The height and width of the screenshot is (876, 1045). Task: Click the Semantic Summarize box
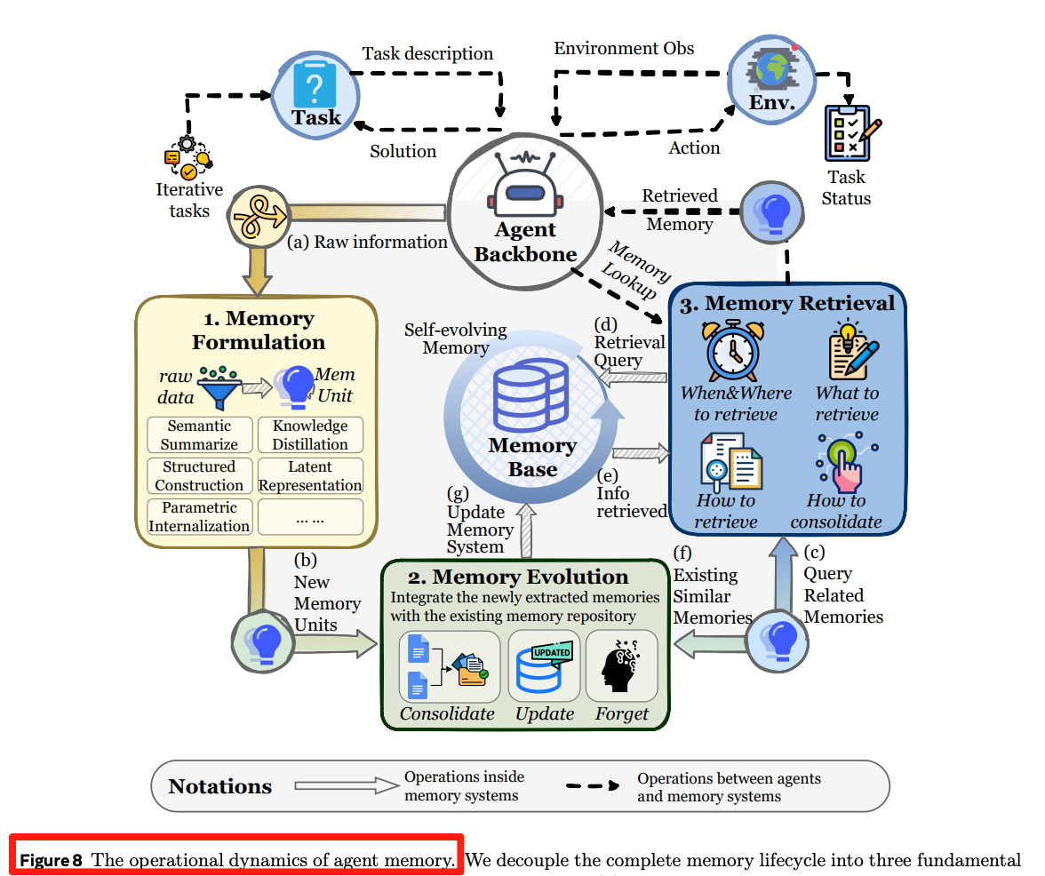[x=199, y=435]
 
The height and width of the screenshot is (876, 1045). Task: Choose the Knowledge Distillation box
[x=310, y=435]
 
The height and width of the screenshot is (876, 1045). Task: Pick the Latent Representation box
[x=310, y=476]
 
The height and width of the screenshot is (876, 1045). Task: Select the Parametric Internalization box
[x=199, y=517]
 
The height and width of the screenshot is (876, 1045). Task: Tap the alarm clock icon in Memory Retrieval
[x=731, y=350]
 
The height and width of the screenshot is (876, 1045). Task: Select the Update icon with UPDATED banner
[x=545, y=667]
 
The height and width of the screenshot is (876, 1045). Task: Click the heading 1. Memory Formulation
[x=259, y=330]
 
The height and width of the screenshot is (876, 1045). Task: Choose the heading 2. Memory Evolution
[x=530, y=577]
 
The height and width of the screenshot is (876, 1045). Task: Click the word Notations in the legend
[x=220, y=786]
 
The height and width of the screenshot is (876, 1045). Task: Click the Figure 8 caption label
[x=236, y=859]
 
